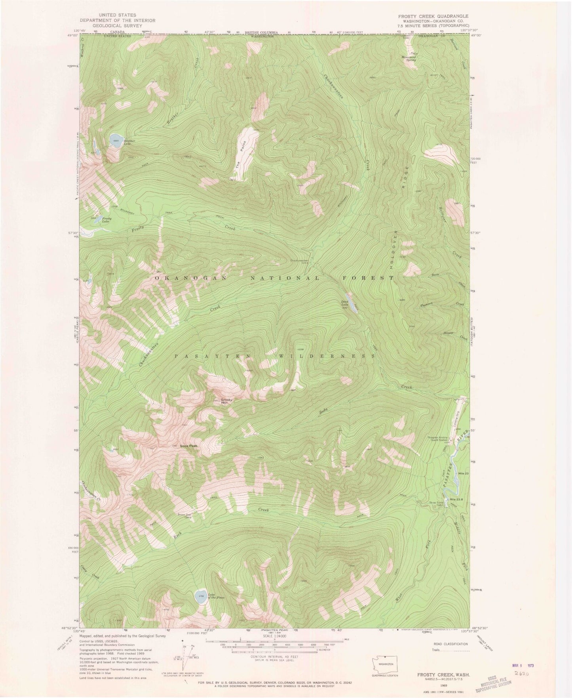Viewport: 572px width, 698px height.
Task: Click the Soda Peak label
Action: point(188,446)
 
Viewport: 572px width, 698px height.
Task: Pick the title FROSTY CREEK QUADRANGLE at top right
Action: point(428,16)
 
